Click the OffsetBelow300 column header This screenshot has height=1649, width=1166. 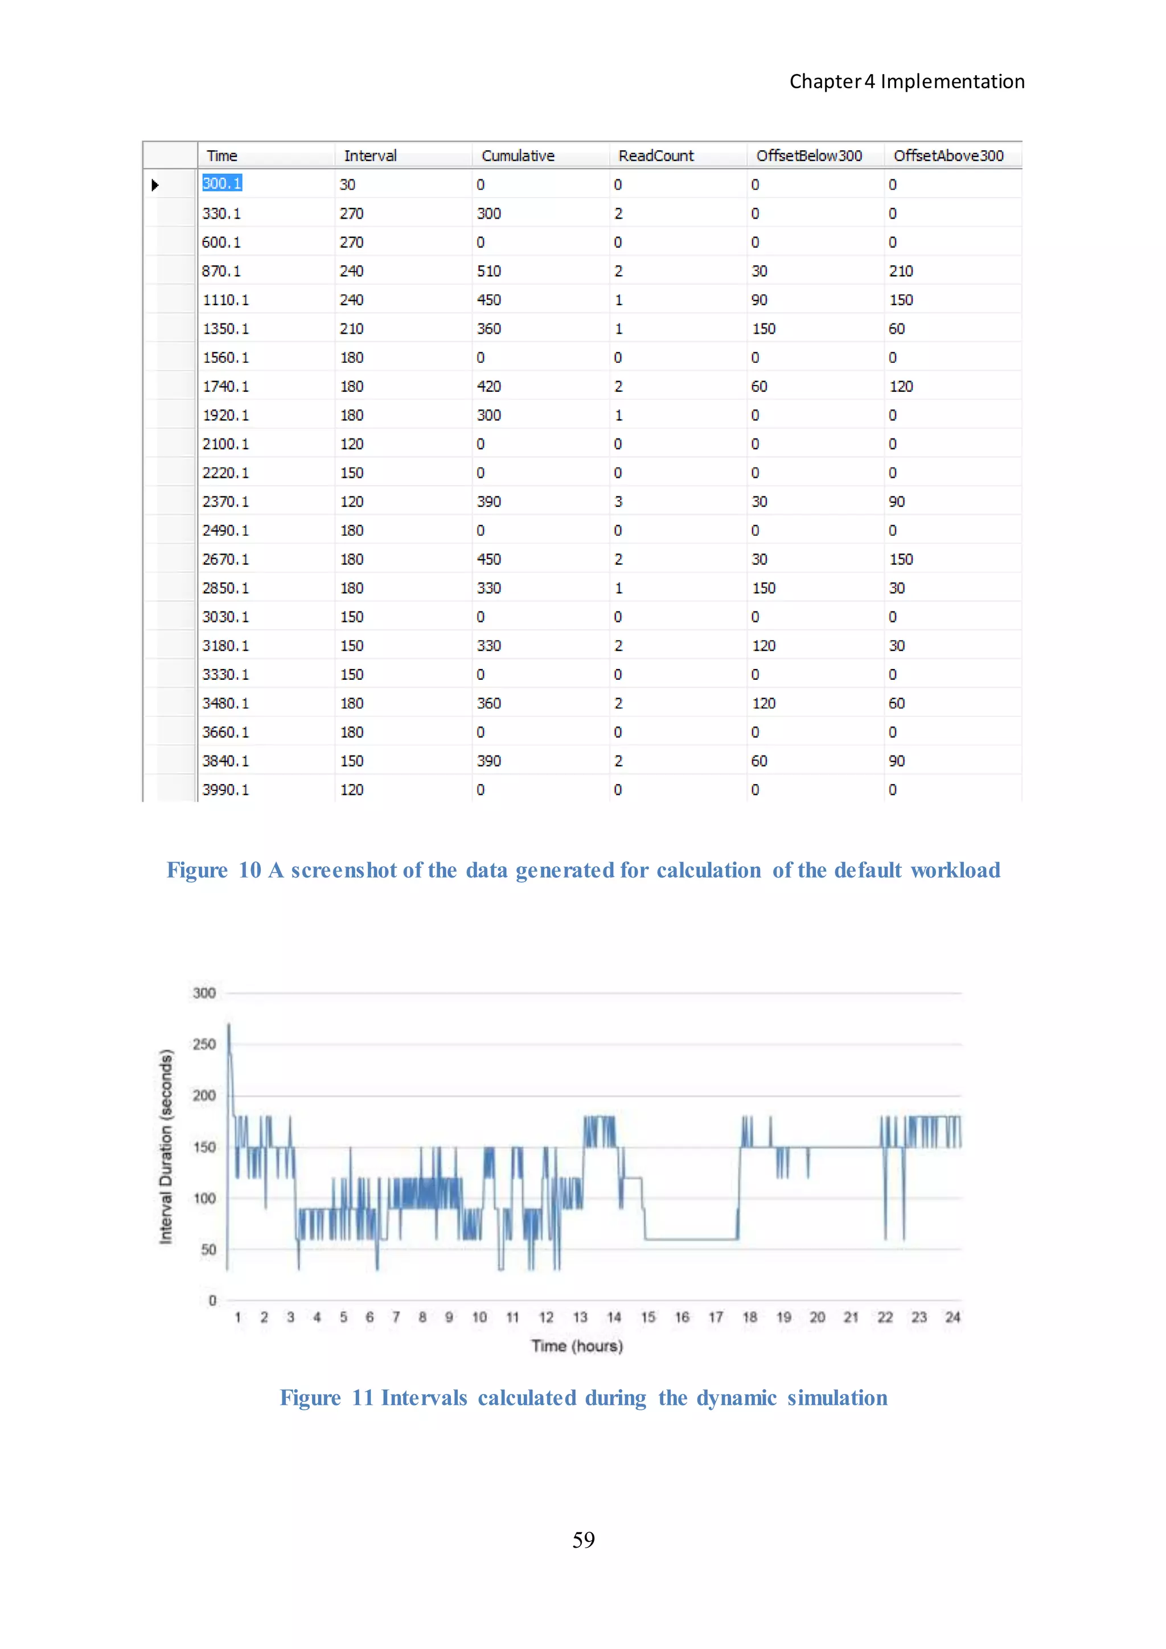click(x=808, y=156)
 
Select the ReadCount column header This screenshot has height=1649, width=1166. click(x=655, y=156)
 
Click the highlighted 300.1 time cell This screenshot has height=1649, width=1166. click(x=222, y=184)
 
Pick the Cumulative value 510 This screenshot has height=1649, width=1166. click(x=489, y=272)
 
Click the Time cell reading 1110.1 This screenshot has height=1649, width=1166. click(x=225, y=300)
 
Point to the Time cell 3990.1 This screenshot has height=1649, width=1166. click(x=225, y=790)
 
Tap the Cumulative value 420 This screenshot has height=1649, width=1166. click(x=489, y=387)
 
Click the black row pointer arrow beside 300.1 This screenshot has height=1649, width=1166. click(x=155, y=185)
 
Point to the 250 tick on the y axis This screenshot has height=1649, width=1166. click(x=204, y=1044)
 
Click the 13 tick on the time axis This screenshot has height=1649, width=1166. click(x=580, y=1317)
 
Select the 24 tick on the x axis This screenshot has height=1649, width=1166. click(x=952, y=1317)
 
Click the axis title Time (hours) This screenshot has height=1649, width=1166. click(x=577, y=1346)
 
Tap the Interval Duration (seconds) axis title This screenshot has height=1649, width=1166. click(x=166, y=1147)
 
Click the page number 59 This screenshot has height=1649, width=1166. click(x=583, y=1540)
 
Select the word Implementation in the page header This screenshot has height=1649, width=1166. click(x=952, y=82)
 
